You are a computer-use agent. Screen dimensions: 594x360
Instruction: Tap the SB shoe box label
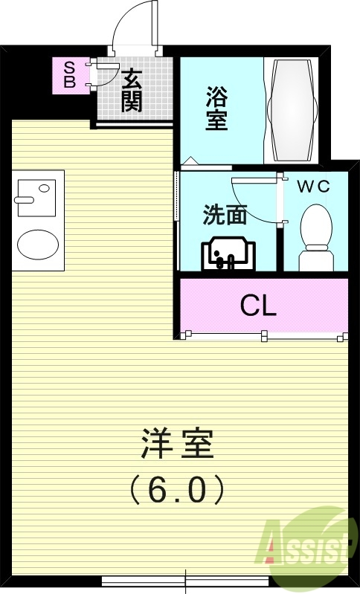coord(68,75)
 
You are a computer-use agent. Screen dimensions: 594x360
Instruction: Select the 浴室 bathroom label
coord(216,109)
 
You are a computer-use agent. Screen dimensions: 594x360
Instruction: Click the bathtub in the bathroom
coord(292,109)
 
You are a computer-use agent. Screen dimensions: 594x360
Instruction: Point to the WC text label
coord(313,187)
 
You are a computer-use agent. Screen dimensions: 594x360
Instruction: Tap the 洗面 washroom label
coord(225,215)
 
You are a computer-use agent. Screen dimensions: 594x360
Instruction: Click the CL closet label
coord(258,306)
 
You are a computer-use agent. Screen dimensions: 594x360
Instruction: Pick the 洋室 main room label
coord(178,444)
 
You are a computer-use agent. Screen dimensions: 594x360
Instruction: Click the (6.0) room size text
coord(177,489)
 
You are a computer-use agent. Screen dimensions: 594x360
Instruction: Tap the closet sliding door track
coord(264,337)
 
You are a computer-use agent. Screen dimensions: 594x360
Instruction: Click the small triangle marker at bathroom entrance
coord(191,159)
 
